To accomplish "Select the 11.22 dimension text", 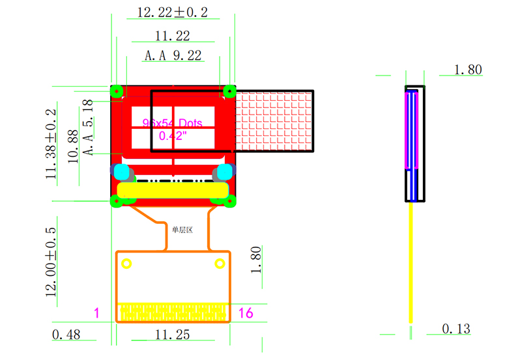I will point(173,36).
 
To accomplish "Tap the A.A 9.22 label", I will point(173,56).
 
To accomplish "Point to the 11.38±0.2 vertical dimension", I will point(51,145).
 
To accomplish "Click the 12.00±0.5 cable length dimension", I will point(51,262).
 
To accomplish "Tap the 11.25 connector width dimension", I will point(172,335).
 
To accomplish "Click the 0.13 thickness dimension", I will point(456,329).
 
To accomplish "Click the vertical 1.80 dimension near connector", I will point(257,259).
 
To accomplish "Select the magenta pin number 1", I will point(96,313).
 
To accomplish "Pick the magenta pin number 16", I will point(245,313).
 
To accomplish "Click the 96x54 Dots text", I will point(173,123).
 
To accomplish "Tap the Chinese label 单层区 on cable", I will point(182,229).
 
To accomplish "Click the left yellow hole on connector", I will point(126,264).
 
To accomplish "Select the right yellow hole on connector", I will point(220,264).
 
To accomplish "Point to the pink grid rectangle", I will point(273,120).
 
